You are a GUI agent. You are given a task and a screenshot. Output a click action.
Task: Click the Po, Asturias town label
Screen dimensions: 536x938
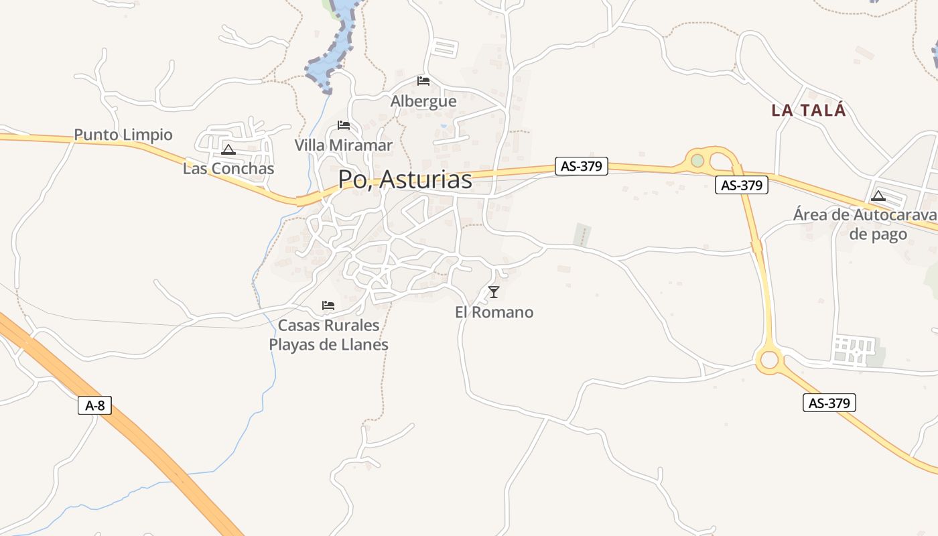(405, 180)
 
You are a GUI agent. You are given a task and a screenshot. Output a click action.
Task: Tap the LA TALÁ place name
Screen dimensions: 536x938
(809, 111)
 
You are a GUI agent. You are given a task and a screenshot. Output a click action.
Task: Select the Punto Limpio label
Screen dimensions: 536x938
(123, 135)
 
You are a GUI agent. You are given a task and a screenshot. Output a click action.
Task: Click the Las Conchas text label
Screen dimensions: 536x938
(228, 168)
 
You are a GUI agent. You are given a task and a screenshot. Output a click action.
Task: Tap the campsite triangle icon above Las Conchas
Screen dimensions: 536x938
(228, 149)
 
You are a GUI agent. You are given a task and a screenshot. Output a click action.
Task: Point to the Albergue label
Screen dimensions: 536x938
(423, 101)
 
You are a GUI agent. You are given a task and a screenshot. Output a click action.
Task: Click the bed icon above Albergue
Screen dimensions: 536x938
(423, 81)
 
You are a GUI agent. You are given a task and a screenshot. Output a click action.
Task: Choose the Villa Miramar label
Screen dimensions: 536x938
(344, 145)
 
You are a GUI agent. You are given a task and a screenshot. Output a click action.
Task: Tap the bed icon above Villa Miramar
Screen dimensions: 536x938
(344, 125)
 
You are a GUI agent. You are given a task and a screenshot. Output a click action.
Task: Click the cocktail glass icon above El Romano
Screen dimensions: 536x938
(494, 291)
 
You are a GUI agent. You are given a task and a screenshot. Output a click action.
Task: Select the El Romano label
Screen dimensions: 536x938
(494, 312)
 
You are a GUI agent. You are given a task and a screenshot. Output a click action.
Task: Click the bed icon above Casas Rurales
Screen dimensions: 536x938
(328, 306)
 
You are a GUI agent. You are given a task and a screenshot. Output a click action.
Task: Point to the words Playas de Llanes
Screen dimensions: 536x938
(328, 345)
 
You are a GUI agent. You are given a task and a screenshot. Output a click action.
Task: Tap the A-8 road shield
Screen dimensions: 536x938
(94, 405)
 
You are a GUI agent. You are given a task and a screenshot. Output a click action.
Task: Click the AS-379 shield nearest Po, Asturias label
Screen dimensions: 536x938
(581, 166)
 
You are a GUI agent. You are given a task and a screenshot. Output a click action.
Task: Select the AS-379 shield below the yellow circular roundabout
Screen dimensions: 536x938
(829, 403)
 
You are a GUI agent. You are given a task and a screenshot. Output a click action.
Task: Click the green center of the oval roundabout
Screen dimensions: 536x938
(697, 161)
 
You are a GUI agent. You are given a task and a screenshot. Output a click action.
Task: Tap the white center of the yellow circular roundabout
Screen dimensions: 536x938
(769, 360)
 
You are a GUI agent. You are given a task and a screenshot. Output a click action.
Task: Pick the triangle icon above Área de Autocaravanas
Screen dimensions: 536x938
(878, 196)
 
